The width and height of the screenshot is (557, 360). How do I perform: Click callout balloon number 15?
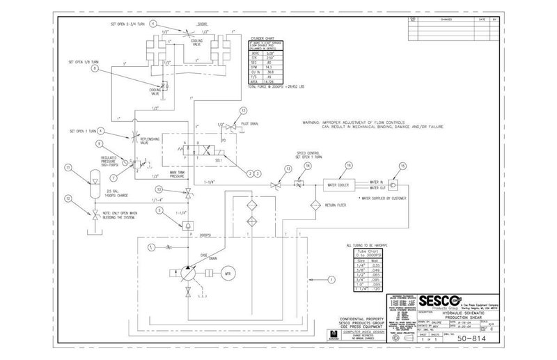click(x=402, y=166)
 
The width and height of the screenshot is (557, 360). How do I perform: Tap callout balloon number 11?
click(x=68, y=168)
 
